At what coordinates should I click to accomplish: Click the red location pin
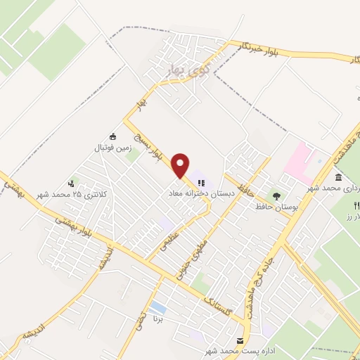(181, 165)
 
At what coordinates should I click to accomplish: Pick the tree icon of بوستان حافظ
(276, 196)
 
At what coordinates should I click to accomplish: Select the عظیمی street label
(174, 239)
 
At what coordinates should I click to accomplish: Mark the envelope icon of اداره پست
(240, 340)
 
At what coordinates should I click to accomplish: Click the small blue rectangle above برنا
(158, 307)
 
